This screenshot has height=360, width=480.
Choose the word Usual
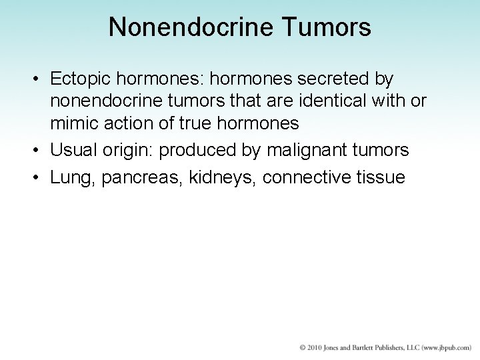point(73,151)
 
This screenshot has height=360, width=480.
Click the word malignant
point(309,151)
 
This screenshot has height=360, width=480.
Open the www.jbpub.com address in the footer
point(441,348)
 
